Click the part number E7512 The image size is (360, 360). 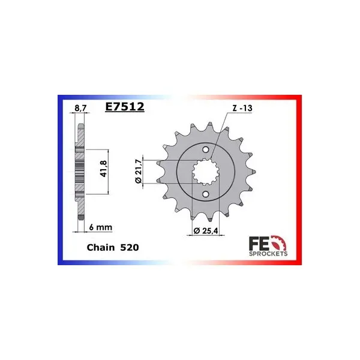tap(125, 107)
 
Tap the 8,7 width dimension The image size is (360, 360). tap(81, 108)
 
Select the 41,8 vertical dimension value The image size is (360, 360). tap(104, 169)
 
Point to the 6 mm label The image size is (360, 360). tap(101, 227)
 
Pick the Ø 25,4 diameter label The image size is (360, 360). tap(206, 230)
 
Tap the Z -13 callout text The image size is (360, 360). tap(242, 108)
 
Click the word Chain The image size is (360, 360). tap(101, 247)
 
